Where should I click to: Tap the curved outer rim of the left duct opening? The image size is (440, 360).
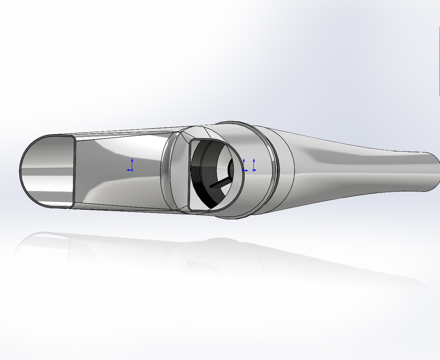click(x=21, y=172)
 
